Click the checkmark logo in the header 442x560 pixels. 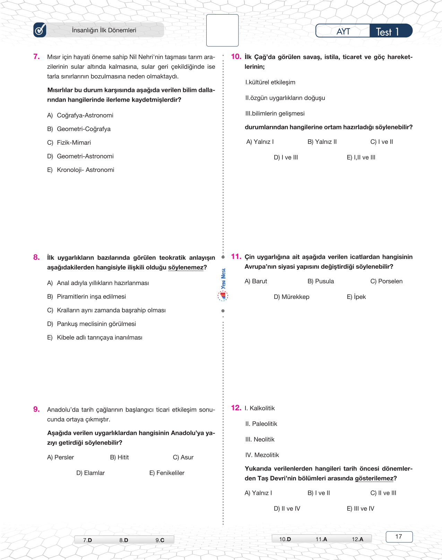[40, 30]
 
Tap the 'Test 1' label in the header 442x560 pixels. [388, 32]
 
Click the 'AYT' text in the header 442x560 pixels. [343, 32]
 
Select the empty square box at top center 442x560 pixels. [222, 30]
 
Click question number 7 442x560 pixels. [36, 57]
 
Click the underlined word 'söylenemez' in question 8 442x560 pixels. [185, 267]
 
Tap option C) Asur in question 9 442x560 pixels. [183, 457]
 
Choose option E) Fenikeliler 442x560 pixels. [167, 473]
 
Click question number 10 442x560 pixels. [236, 57]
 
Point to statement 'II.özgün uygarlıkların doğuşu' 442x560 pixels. [285, 98]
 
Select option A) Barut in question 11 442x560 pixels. [256, 281]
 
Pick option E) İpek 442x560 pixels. [356, 297]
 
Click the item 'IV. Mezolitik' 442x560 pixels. [262, 455]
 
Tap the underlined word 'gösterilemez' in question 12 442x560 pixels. [374, 479]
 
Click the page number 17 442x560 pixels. [399, 537]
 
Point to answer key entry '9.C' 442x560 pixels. [160, 540]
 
